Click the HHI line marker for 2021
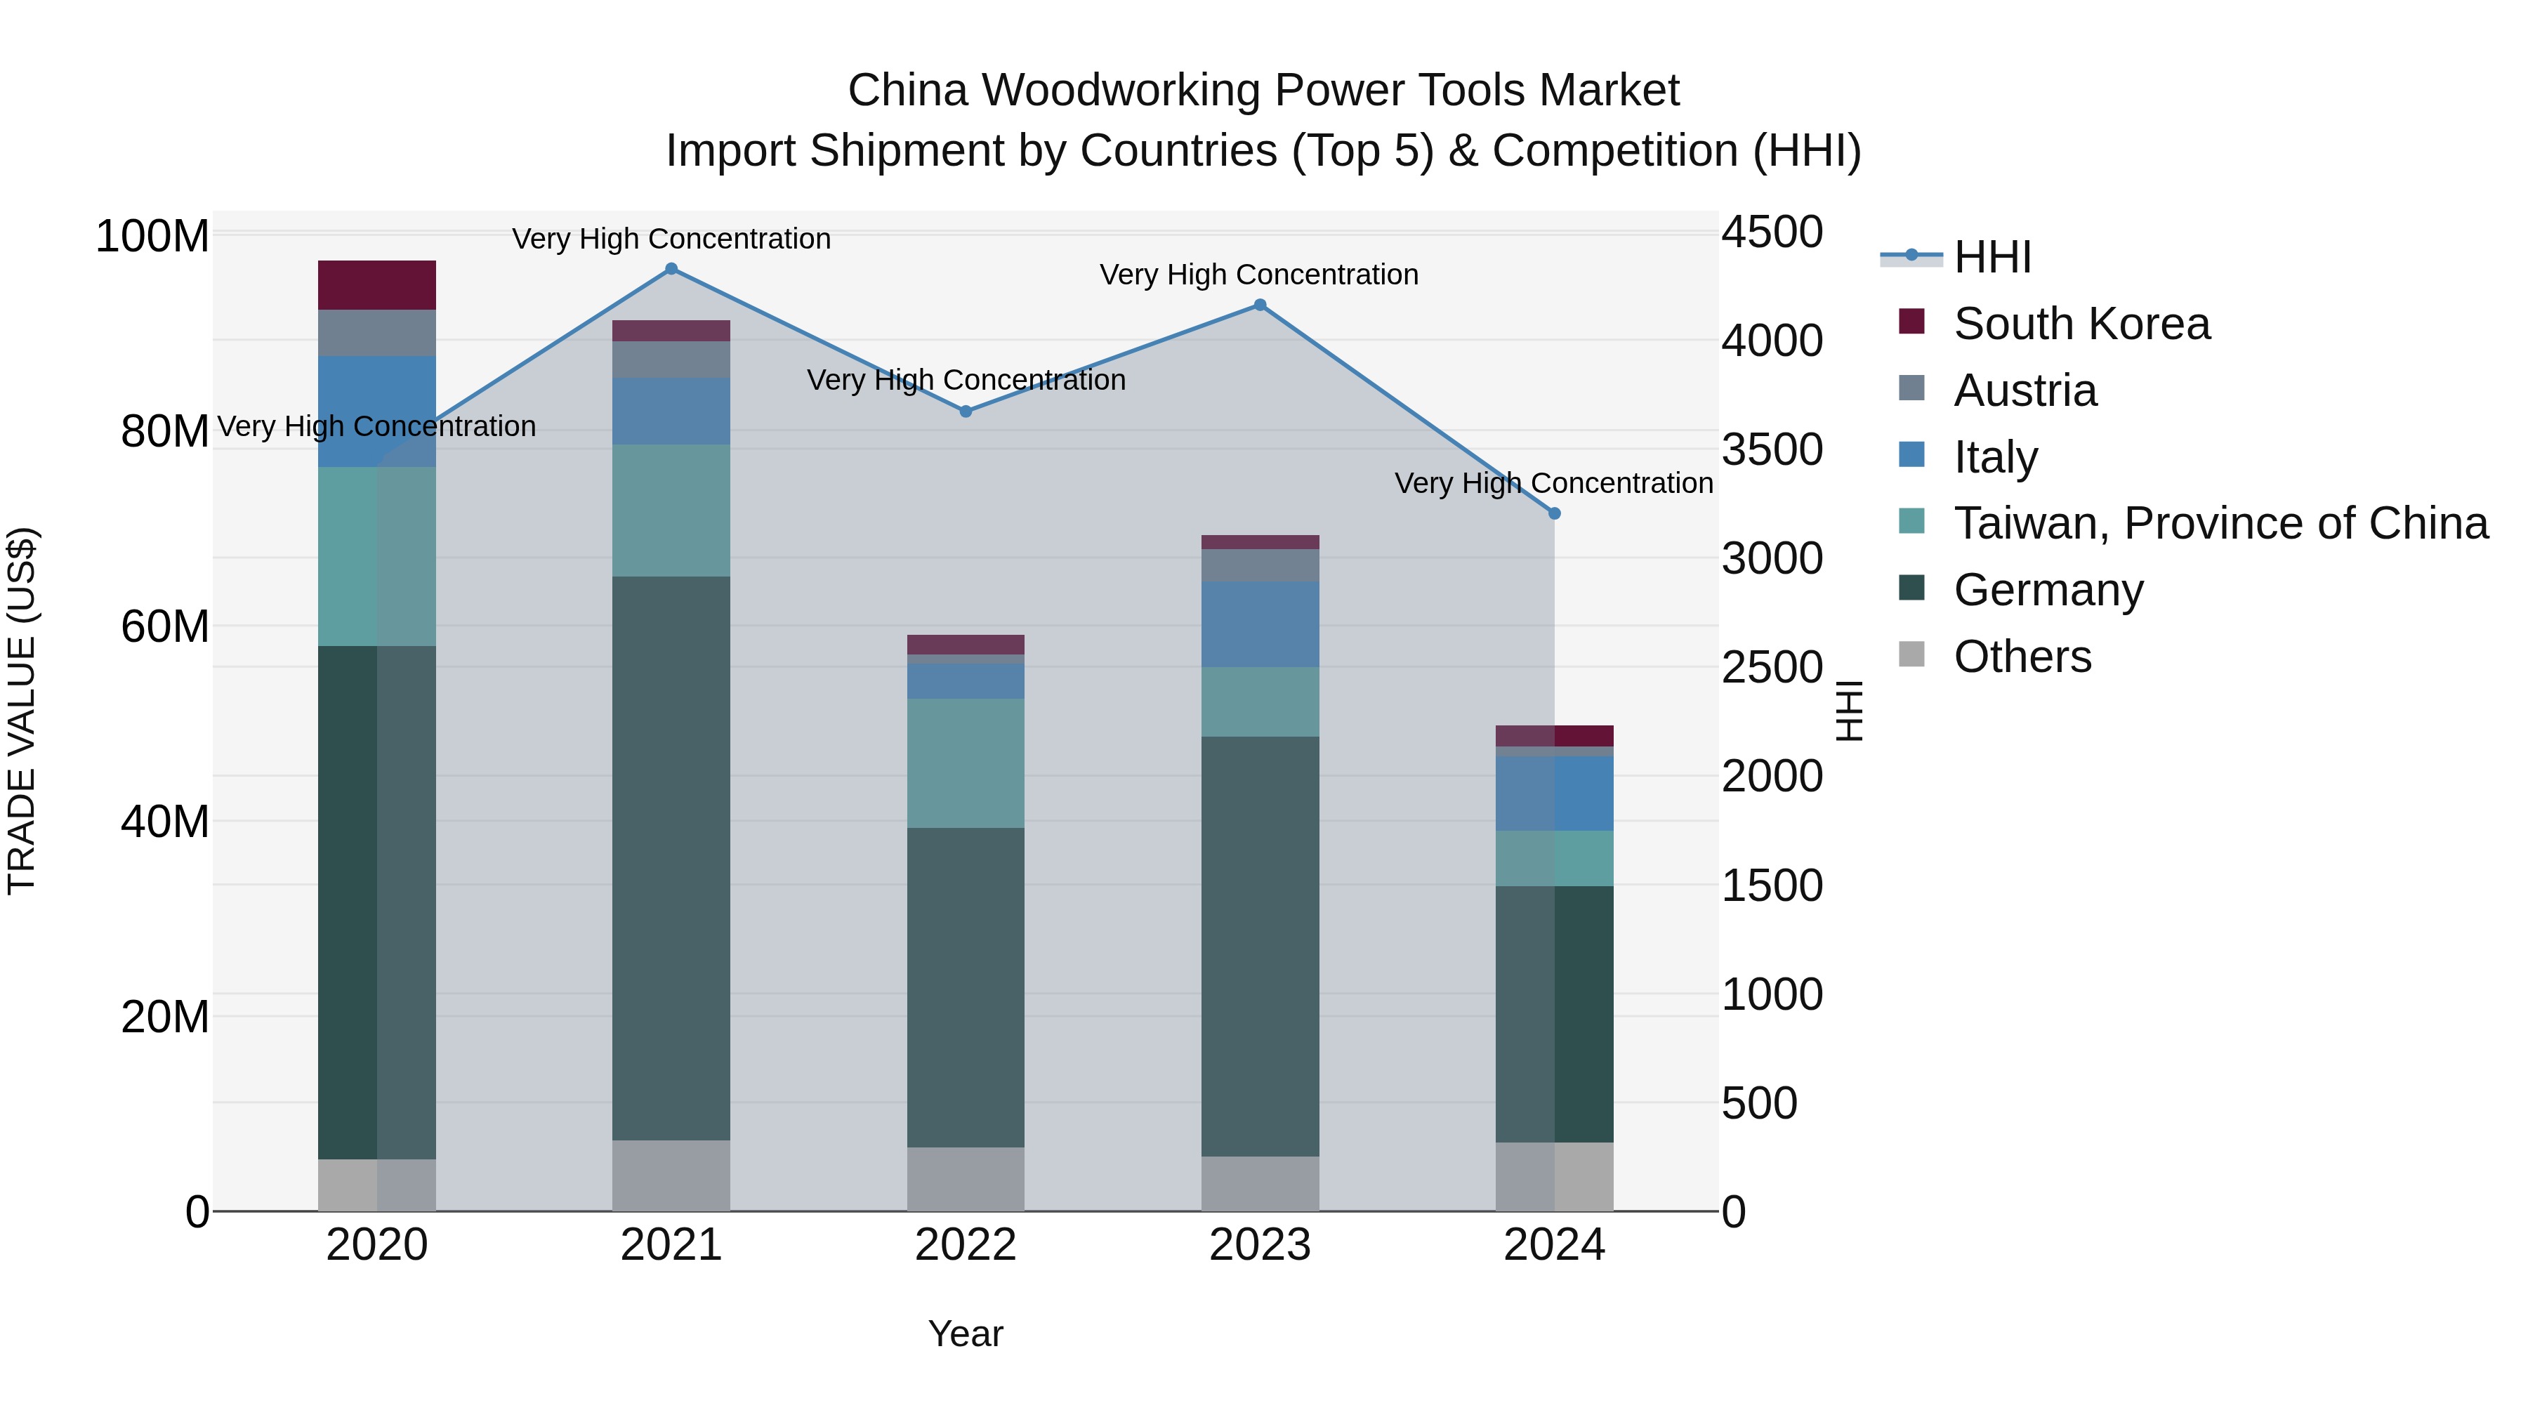pos(671,269)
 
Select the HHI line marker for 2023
pos(1260,305)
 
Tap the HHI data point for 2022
pos(966,412)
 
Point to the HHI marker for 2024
pos(1555,513)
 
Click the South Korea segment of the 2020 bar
pos(377,286)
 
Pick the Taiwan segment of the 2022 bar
pos(966,763)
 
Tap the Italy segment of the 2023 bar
pos(1260,624)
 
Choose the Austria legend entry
pos(2025,390)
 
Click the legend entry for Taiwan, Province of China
pos(2220,523)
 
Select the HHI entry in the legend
pos(1992,257)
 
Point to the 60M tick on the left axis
pos(165,626)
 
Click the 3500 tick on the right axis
pos(1772,449)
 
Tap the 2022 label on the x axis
pos(966,1245)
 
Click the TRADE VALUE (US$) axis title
pos(22,711)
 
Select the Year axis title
pos(966,1334)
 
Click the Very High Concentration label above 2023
pos(1259,275)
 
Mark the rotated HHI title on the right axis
pos(1849,711)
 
